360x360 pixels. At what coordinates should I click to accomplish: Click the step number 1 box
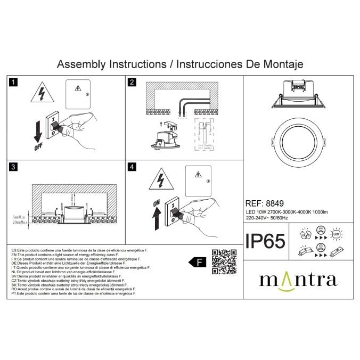(14, 83)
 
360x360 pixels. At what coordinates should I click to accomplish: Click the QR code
(224, 261)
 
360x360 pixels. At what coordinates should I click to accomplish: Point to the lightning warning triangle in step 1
(40, 93)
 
